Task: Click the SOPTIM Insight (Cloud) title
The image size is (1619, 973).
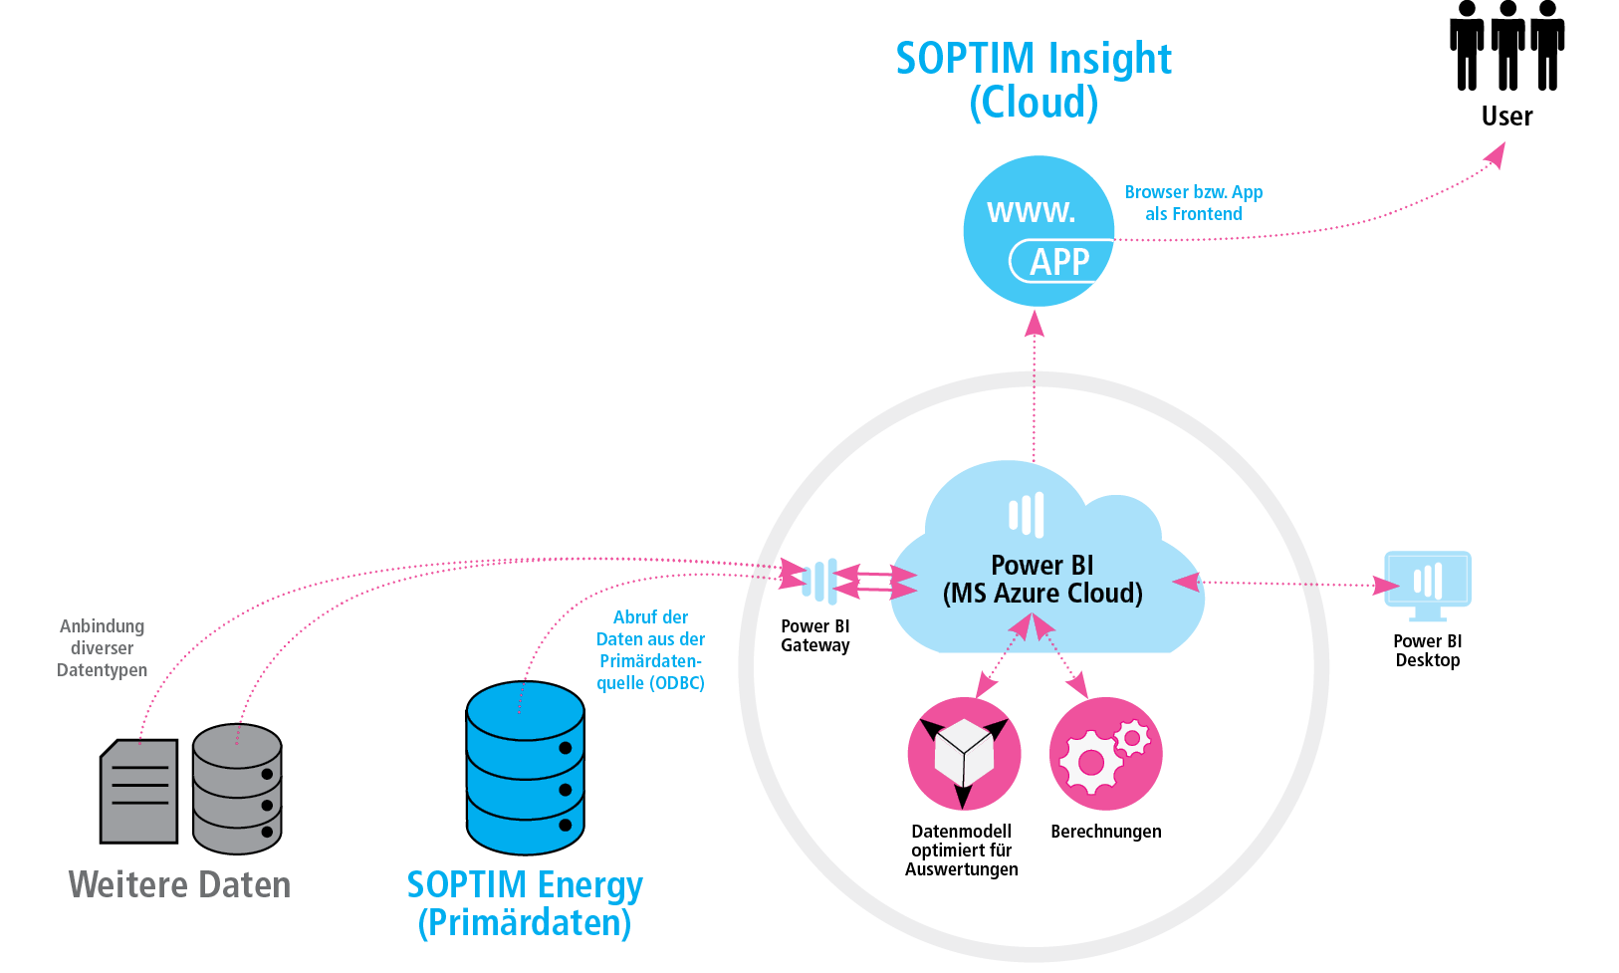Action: click(x=1034, y=80)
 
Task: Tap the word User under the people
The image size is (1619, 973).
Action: click(x=1506, y=116)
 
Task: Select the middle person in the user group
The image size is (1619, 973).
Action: click(x=1507, y=45)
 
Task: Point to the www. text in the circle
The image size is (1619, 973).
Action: click(x=1032, y=212)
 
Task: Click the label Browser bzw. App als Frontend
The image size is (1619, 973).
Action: click(x=1193, y=202)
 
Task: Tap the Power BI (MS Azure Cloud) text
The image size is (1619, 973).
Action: click(x=1042, y=579)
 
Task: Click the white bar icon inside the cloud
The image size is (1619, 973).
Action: click(x=1027, y=515)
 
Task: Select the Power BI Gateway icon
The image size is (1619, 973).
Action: click(x=819, y=581)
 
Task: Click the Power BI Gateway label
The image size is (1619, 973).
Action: click(x=815, y=635)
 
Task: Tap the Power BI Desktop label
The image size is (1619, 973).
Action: click(x=1428, y=650)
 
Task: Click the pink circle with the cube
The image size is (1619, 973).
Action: click(x=964, y=753)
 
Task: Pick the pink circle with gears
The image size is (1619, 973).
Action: click(x=1106, y=753)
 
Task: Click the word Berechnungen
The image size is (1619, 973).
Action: click(x=1106, y=832)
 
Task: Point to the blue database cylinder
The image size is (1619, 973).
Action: click(x=526, y=768)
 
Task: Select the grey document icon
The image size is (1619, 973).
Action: click(x=138, y=791)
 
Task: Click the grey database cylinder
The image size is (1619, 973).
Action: click(x=237, y=789)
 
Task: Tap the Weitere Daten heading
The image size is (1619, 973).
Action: click(x=179, y=884)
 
